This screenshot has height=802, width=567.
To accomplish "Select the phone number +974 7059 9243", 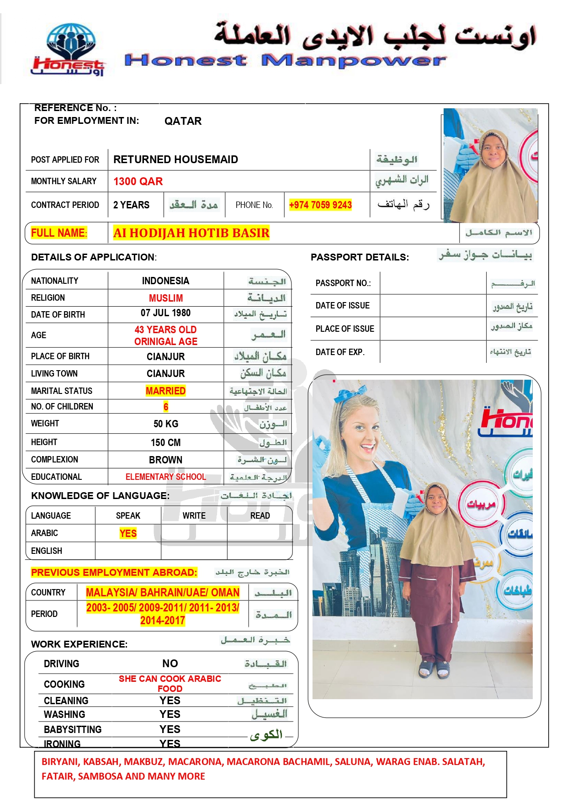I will [x=320, y=205].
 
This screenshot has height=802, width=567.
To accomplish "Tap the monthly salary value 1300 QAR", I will [x=138, y=181].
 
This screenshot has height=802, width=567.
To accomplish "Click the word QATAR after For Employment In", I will [x=183, y=121].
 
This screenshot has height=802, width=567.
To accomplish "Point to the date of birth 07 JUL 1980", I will [x=165, y=313].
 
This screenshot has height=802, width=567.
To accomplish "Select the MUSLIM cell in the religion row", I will [x=166, y=298].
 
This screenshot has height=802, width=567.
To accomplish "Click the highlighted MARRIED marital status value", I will [x=165, y=391].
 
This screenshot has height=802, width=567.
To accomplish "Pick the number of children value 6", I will [x=166, y=407].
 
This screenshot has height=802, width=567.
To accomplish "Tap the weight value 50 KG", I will [x=166, y=424].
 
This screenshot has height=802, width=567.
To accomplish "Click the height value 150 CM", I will [x=166, y=442].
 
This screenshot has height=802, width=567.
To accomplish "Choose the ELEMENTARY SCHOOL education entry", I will [x=166, y=477].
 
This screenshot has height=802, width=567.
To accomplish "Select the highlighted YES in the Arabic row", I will [x=128, y=533].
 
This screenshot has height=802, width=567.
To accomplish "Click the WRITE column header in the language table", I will [x=194, y=515].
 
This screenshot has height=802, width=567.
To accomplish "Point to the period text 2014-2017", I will [x=163, y=621].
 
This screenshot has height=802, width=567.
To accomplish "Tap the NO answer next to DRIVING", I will [x=170, y=664].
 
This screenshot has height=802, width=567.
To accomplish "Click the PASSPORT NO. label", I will [x=343, y=283].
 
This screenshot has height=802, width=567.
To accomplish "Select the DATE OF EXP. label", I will [x=340, y=352].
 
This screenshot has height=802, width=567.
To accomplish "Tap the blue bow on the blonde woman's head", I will [x=351, y=393].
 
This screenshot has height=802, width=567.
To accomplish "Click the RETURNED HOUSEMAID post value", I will [x=175, y=159].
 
